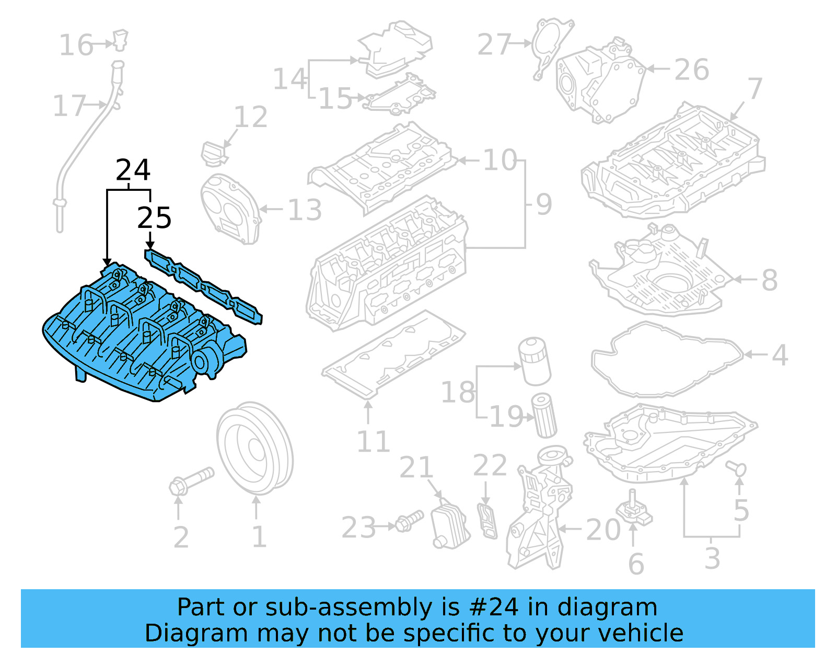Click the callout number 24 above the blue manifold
coord(133,170)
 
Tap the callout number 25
coord(154,218)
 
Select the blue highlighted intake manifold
coord(141,335)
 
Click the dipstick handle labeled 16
coord(121,40)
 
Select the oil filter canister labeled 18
coord(534,361)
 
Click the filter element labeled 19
coord(544,416)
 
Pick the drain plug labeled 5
coord(737,468)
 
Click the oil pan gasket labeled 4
coord(666,361)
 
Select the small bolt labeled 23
coord(409,521)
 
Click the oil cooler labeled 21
coord(449,525)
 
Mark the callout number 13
coord(305,210)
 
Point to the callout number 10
coord(500,160)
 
